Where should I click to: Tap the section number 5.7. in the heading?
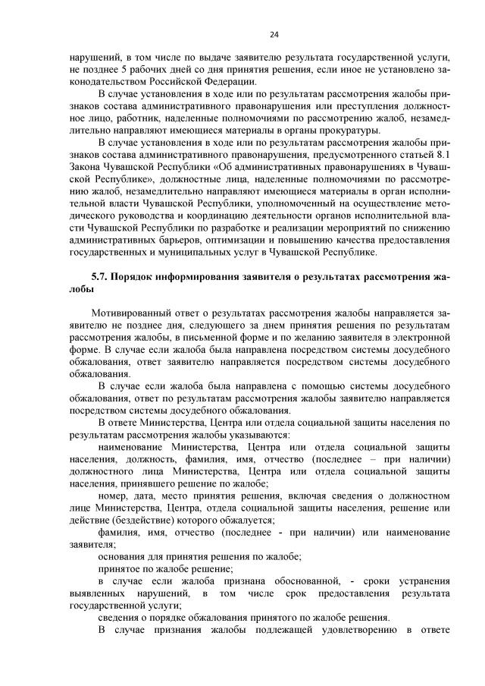coord(100,278)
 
